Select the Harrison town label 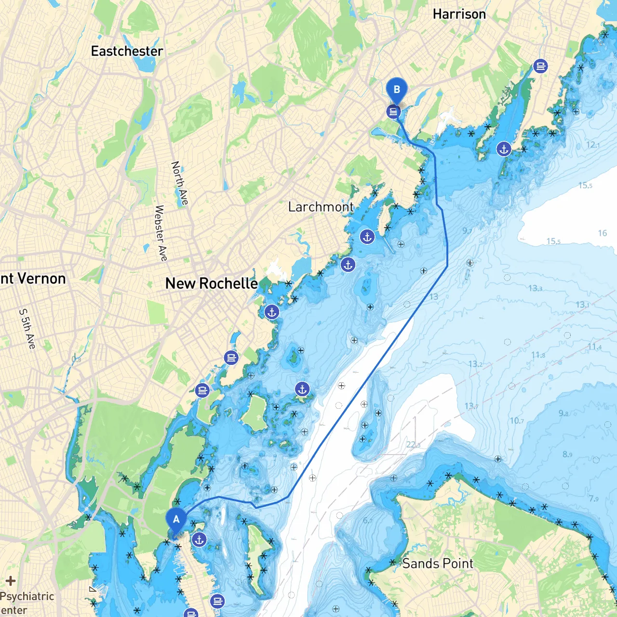click(459, 14)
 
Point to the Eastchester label click(127, 51)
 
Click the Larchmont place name click(321, 207)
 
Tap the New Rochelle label click(211, 283)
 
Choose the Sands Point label click(438, 563)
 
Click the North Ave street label click(180, 183)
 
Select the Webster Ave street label click(161, 233)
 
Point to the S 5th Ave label click(27, 329)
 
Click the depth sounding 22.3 click(413, 444)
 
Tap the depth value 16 click(603, 233)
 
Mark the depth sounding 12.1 click(593, 145)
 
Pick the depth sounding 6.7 click(368, 521)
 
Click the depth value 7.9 click(594, 498)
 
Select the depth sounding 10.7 click(517, 421)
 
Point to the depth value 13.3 click(535, 288)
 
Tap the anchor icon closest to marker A click(199, 540)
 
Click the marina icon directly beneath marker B click(393, 112)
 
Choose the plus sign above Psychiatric click(11, 581)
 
